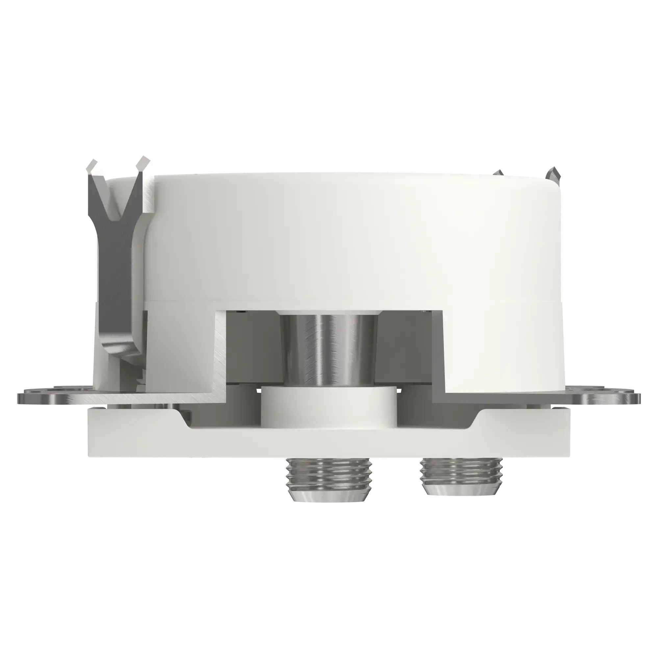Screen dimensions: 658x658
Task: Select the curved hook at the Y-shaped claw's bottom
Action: [117, 352]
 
